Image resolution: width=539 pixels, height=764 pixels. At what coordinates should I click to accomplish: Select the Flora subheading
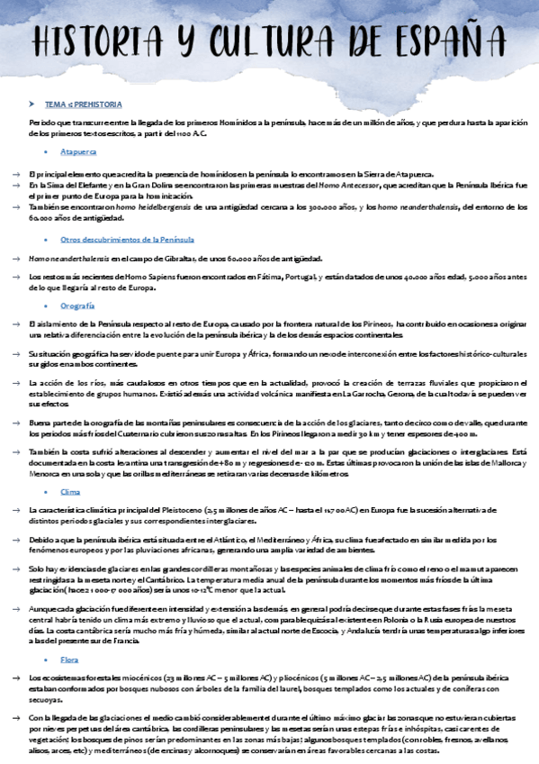(x=70, y=660)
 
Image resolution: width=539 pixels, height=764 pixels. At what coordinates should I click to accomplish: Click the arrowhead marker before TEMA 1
(x=31, y=105)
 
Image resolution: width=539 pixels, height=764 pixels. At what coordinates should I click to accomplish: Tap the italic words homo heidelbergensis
(x=148, y=207)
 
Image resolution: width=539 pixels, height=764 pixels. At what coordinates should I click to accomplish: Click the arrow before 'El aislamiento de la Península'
(x=17, y=323)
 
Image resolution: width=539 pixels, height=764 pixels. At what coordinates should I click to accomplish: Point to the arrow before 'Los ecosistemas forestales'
(x=17, y=677)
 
